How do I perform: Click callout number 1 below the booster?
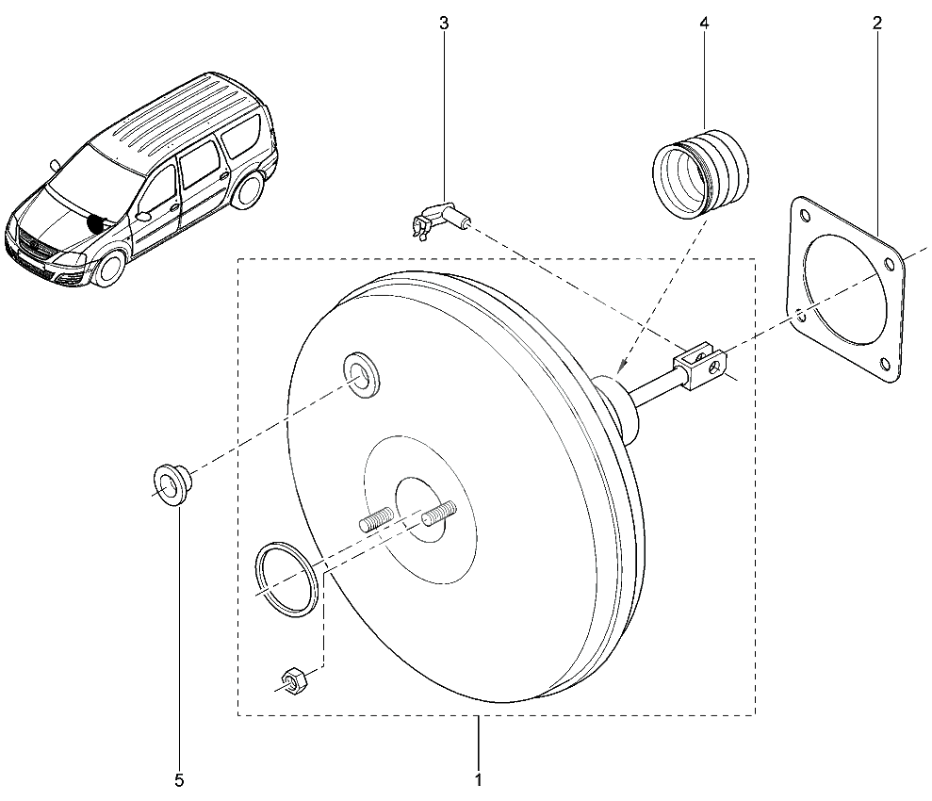[x=479, y=779]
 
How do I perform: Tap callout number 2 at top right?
[x=877, y=24]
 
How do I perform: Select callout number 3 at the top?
[x=444, y=24]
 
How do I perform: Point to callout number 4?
[x=704, y=24]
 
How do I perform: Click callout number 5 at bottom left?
[x=179, y=779]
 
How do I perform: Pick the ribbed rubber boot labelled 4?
[x=700, y=174]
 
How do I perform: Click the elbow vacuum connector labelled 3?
[x=441, y=219]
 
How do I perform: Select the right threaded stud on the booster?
[x=438, y=513]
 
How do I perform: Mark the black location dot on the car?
[x=94, y=222]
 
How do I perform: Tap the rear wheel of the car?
[x=247, y=190]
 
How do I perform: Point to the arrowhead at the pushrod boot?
[x=620, y=368]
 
